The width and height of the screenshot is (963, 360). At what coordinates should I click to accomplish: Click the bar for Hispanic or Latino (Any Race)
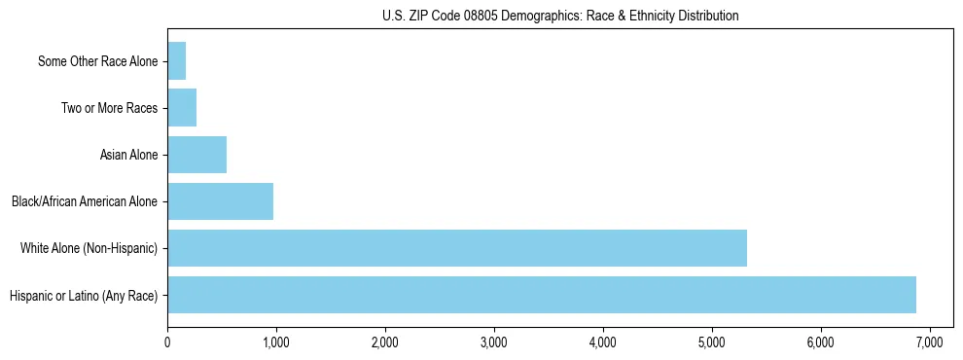(x=541, y=295)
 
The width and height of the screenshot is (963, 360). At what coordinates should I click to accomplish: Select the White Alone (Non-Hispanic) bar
(x=457, y=248)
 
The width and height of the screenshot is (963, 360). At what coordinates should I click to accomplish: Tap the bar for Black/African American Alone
(x=220, y=201)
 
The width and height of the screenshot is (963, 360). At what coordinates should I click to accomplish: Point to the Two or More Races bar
(x=182, y=108)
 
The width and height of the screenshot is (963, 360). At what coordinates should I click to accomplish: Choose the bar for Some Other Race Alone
(x=176, y=61)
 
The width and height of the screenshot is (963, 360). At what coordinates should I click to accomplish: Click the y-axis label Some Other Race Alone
(x=97, y=62)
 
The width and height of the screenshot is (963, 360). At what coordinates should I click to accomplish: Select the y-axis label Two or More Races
(x=109, y=109)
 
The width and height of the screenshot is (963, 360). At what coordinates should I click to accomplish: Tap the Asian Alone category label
(x=128, y=156)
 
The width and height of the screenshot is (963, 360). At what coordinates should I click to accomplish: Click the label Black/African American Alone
(x=85, y=202)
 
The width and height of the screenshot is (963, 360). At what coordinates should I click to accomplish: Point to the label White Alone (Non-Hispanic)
(x=89, y=249)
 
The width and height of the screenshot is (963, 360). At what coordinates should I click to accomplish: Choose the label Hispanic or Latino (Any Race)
(x=84, y=296)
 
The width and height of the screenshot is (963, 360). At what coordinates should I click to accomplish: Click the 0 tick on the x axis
(x=167, y=342)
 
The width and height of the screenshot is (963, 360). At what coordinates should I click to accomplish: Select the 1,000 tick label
(x=276, y=342)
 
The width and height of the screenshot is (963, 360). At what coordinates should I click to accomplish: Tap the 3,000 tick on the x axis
(x=494, y=342)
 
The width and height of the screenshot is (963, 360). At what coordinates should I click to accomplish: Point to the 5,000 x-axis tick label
(x=712, y=342)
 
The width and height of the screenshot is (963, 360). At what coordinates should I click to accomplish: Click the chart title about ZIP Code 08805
(x=560, y=16)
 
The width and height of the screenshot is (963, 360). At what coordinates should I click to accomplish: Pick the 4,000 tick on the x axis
(x=603, y=342)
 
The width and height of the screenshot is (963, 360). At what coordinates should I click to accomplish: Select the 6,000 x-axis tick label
(x=821, y=342)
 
